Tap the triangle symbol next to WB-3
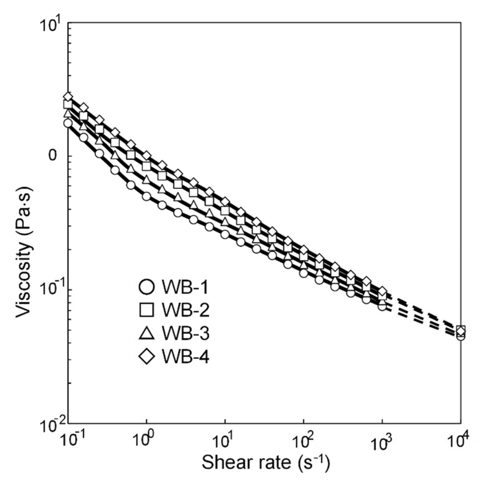(x=146, y=333)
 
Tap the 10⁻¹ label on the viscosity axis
(x=52, y=289)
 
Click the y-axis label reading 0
(x=53, y=156)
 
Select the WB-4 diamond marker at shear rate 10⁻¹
(x=68, y=97)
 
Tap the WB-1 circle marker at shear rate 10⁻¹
(x=68, y=123)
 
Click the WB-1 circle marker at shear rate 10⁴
(x=461, y=336)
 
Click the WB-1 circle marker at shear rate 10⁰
(x=147, y=196)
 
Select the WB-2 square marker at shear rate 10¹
(x=225, y=210)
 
